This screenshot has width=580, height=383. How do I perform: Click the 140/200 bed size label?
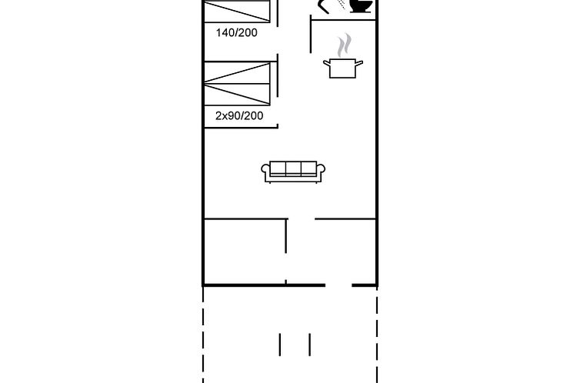pos(237,33)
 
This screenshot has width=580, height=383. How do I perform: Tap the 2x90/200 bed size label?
pos(239,115)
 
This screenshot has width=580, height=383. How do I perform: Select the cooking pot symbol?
pos(343,68)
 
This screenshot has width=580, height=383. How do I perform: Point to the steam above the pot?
pos(345,45)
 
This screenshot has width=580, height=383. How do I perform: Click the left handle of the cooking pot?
pos(326,64)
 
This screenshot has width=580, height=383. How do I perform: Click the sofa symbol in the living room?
pos(293,172)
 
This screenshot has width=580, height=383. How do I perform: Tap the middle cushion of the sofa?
pos(293,168)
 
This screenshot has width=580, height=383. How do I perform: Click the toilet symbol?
pos(361,5)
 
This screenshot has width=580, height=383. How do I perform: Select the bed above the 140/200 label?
pos(237,11)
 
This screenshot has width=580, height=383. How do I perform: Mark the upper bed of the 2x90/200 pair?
pos(237,72)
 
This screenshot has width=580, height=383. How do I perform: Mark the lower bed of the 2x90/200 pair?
pos(237,95)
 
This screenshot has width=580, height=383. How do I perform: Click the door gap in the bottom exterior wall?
pos(338,285)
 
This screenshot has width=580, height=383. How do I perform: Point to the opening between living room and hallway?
pos(302,219)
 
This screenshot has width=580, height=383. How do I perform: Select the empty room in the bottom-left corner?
pos(245,251)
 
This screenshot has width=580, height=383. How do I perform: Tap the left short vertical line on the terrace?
pos(280,345)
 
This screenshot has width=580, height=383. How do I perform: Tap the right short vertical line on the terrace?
pos(309,345)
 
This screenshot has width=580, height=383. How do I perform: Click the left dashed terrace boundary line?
pos(203,335)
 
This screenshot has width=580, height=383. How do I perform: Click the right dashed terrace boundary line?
pos(377,335)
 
